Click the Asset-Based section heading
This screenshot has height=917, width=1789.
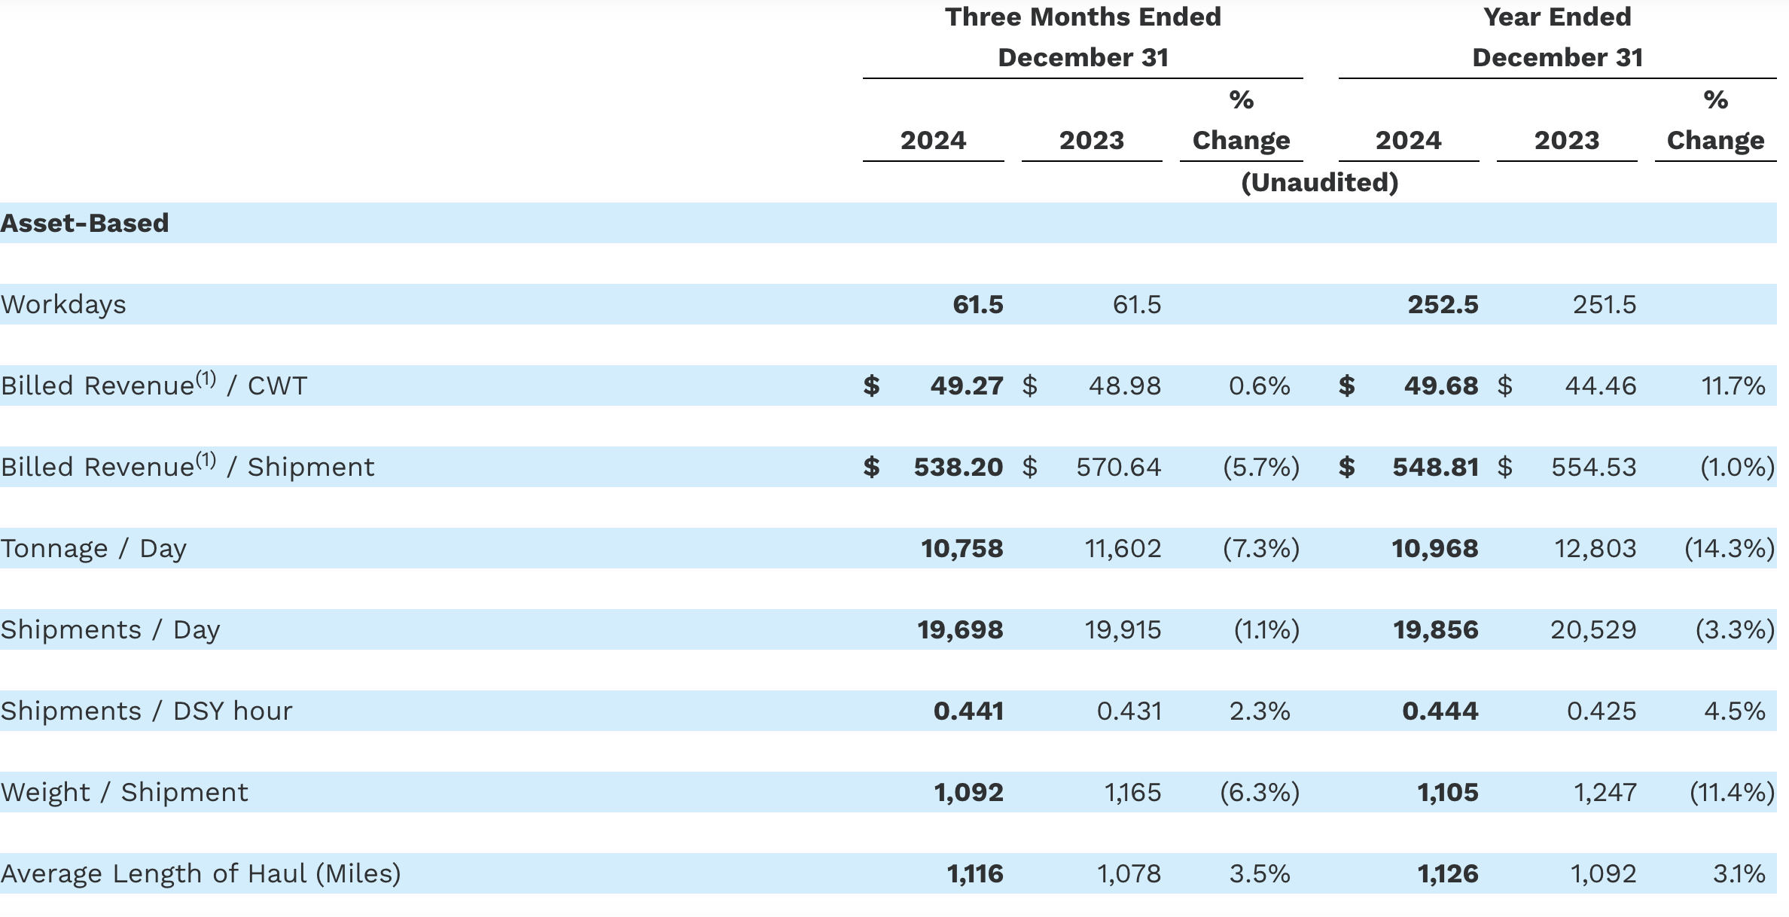tap(84, 223)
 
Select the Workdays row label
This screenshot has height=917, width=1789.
tap(63, 304)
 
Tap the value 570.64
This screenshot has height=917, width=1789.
tap(1118, 467)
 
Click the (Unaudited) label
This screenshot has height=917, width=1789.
tap(1319, 182)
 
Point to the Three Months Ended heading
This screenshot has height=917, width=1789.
tap(1083, 17)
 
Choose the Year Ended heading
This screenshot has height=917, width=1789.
tap(1557, 17)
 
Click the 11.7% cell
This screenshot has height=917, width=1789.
tap(1733, 385)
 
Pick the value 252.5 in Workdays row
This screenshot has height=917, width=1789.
tap(1443, 304)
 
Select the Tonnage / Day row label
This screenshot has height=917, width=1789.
tap(93, 548)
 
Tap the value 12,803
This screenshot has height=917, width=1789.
tap(1595, 548)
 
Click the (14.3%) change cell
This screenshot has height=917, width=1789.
tap(1730, 548)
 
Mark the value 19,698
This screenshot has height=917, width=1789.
tap(960, 629)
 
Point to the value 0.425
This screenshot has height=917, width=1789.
tap(1601, 711)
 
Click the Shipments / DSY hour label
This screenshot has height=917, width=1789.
tap(146, 711)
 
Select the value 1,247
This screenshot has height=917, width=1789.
tap(1605, 792)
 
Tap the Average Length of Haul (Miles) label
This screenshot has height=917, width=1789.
tap(200, 873)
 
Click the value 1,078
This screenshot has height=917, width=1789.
tap(1128, 873)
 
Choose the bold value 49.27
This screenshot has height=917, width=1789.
tap(966, 385)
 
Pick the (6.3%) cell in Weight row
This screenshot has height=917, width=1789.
tap(1260, 792)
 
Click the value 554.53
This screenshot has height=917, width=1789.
tap(1593, 467)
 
